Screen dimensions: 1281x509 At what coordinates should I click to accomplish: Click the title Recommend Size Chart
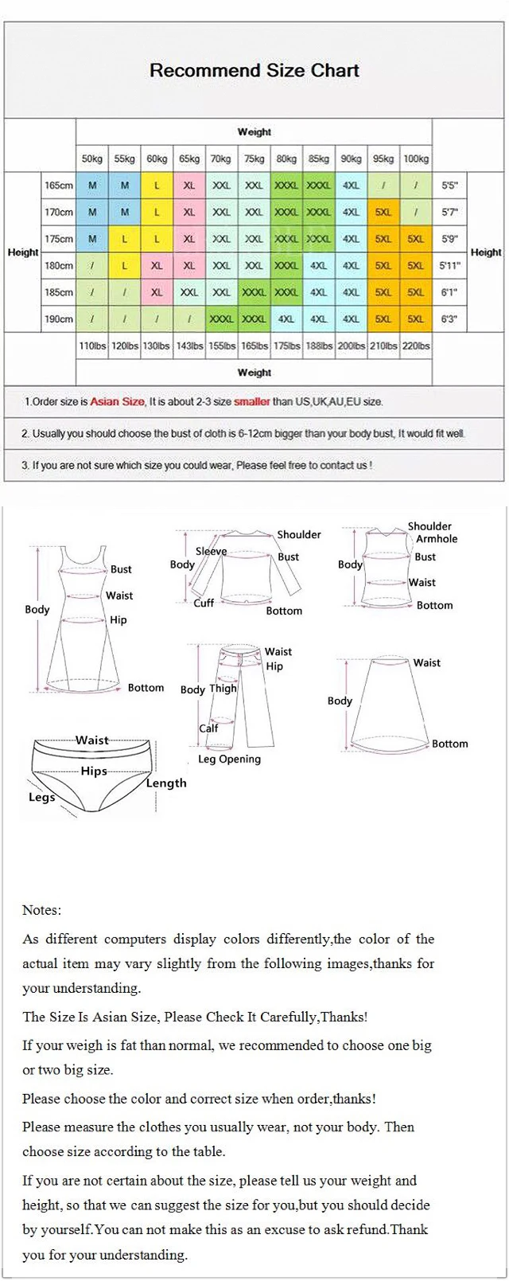254,71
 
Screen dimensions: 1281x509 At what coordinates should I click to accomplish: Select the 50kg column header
92,159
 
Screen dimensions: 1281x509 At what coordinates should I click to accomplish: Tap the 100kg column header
415,159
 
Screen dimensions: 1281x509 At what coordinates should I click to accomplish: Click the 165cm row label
59,186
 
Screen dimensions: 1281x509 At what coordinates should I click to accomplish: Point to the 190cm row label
59,319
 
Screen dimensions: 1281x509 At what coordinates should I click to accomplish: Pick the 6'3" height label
450,319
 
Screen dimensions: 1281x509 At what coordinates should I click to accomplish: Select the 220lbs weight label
415,346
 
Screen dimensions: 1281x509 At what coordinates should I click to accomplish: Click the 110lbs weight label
92,346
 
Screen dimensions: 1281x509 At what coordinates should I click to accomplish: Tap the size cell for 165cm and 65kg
189,186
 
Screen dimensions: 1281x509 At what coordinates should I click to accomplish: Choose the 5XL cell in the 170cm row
383,213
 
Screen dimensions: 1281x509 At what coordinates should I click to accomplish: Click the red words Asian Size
118,402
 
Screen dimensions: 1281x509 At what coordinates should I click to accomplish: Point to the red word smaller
251,402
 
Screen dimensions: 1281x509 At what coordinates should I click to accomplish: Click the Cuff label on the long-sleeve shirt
204,603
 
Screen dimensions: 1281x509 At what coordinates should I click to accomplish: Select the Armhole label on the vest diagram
437,539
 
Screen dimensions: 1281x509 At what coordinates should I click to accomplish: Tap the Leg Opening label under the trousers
229,760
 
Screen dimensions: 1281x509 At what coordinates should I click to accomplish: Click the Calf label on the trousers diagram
208,728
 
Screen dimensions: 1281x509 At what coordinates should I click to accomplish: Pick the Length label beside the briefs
166,783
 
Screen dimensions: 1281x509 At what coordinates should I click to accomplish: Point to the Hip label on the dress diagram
119,620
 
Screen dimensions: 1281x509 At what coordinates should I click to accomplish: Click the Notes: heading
41,910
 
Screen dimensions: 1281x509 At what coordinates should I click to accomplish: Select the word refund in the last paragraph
367,1230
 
